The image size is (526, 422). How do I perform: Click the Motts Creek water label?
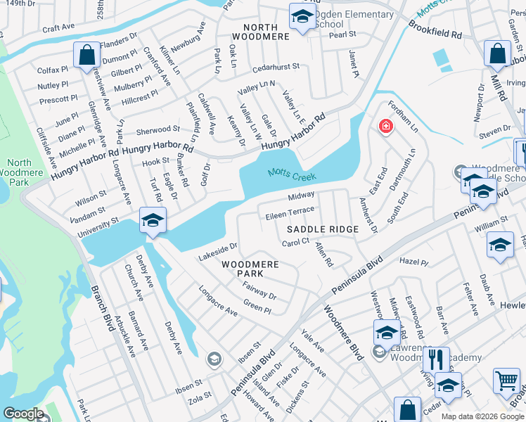(291, 175)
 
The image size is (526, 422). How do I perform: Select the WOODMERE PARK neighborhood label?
(250, 269)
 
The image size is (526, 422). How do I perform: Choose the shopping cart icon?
(506, 381)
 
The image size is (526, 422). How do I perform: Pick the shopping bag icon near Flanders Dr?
(86, 56)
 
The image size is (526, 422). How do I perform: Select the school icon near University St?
(152, 221)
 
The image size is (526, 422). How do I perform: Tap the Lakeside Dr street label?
(218, 252)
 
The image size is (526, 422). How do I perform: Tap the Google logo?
(23, 414)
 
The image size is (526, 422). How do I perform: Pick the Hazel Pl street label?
(413, 262)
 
